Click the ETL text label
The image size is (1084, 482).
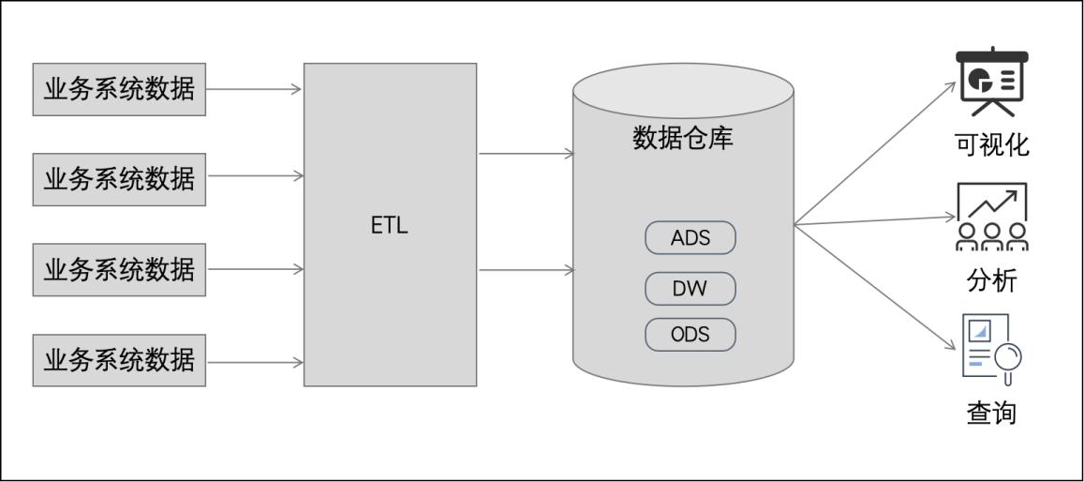click(x=390, y=226)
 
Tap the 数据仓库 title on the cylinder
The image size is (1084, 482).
click(x=683, y=139)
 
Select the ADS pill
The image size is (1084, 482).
click(x=690, y=238)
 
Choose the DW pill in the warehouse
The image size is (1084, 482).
click(x=690, y=289)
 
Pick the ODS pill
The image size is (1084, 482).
click(x=690, y=335)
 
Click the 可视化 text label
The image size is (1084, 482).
click(x=991, y=144)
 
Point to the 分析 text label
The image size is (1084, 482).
click(x=991, y=280)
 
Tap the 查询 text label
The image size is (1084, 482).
click(x=991, y=413)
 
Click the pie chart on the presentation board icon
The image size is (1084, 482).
click(x=981, y=80)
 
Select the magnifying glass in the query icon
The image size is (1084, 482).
click(x=1008, y=357)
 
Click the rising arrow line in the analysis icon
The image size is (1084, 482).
click(x=993, y=203)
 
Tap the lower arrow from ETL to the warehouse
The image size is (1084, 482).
click(x=526, y=270)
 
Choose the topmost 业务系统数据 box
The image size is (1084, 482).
click(x=119, y=89)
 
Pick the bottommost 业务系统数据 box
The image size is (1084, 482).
click(x=119, y=360)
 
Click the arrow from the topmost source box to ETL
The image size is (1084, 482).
click(x=254, y=89)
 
